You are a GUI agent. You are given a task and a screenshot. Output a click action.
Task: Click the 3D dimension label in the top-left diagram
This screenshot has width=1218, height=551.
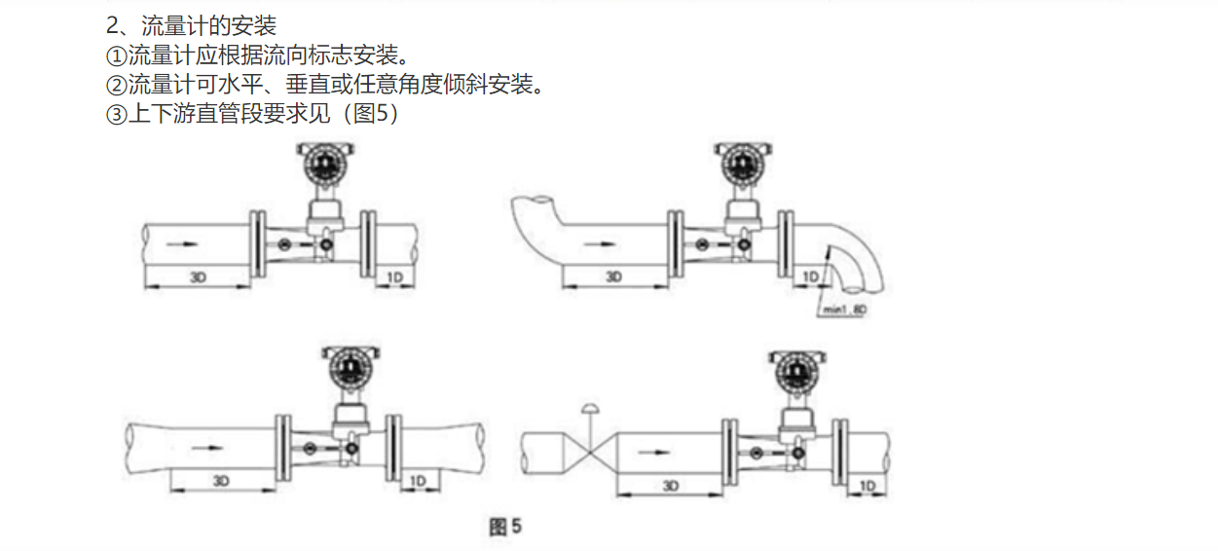[198, 277]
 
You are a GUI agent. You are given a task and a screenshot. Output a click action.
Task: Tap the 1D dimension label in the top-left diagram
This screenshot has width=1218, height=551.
[394, 277]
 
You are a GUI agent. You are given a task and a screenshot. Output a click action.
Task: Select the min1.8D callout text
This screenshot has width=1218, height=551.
[844, 310]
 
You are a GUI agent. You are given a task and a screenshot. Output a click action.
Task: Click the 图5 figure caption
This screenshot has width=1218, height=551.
[505, 526]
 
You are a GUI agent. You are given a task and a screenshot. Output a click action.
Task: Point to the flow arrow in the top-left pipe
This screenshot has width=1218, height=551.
[182, 244]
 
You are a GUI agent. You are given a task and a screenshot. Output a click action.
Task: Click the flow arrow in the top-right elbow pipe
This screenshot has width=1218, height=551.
[600, 244]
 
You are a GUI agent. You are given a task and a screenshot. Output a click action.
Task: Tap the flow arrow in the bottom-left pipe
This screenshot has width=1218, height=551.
[207, 448]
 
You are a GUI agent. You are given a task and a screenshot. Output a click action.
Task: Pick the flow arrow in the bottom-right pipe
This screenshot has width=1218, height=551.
[653, 452]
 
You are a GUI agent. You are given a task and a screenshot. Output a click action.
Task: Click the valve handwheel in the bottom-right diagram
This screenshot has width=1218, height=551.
[590, 409]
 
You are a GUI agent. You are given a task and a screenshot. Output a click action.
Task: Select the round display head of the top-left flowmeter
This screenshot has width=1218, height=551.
[325, 163]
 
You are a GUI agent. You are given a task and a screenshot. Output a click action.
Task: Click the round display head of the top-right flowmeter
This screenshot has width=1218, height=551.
[743, 163]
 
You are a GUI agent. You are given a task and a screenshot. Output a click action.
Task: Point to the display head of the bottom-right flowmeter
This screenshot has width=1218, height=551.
[797, 372]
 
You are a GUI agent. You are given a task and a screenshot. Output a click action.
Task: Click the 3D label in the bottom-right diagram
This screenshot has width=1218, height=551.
[671, 485]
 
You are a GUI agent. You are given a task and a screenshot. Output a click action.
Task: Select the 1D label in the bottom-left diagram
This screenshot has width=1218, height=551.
[418, 481]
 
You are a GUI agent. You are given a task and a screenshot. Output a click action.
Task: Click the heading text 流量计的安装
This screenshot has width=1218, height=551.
[208, 25]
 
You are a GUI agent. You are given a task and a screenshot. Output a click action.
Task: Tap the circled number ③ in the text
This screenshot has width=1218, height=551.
[116, 114]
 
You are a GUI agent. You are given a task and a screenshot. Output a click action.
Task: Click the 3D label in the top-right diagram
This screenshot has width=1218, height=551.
[614, 276]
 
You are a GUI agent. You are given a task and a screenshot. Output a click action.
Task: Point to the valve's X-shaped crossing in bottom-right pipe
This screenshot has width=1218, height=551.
[590, 453]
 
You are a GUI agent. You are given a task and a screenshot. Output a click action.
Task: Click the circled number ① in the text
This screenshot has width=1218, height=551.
[116, 55]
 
